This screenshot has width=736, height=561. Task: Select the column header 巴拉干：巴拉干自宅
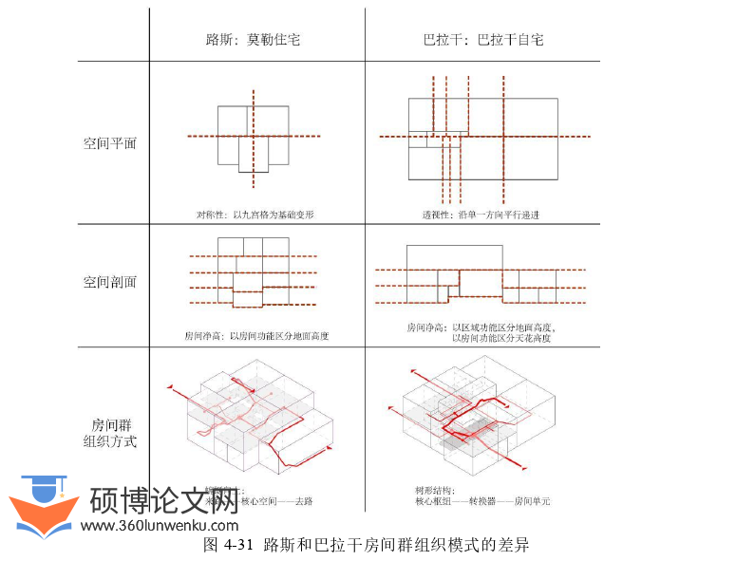[x=483, y=41]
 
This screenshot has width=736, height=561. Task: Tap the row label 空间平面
[x=110, y=144]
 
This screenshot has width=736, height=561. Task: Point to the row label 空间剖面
[x=110, y=282]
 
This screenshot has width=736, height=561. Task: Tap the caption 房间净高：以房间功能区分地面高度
[x=256, y=335]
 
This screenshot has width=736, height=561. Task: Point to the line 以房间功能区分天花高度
[x=501, y=338]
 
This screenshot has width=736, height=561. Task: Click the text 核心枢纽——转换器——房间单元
[x=482, y=500]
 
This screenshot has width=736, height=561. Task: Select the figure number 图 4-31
[x=228, y=545]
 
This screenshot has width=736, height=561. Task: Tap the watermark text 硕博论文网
[x=163, y=500]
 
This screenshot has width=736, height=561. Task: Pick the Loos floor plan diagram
[x=253, y=138]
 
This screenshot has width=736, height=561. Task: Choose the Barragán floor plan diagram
[x=482, y=138]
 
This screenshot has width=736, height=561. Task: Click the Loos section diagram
[x=253, y=272]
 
